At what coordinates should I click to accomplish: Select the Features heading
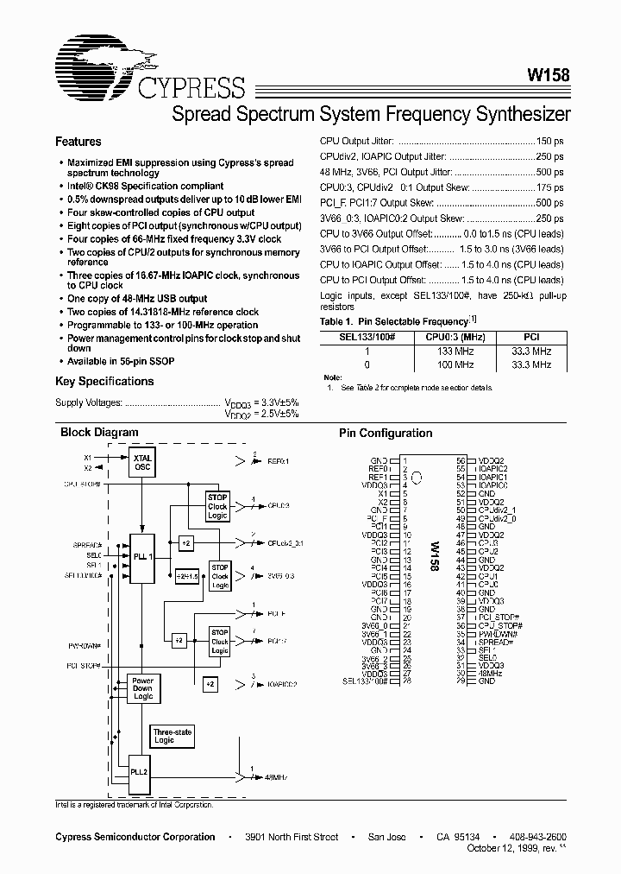click(x=78, y=142)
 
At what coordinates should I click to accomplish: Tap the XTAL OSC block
click(x=142, y=462)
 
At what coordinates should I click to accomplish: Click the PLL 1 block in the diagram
click(x=143, y=557)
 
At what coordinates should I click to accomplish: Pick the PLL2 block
click(x=141, y=771)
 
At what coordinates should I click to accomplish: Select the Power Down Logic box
click(x=143, y=688)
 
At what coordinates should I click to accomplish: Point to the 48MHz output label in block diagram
click(x=274, y=777)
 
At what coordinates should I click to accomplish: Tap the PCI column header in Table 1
click(x=531, y=337)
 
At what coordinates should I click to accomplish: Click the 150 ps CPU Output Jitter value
click(x=549, y=141)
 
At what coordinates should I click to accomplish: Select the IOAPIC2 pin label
click(x=493, y=470)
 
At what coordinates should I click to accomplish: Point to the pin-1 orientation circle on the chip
click(x=417, y=476)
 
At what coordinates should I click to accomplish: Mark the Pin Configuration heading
click(x=386, y=434)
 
